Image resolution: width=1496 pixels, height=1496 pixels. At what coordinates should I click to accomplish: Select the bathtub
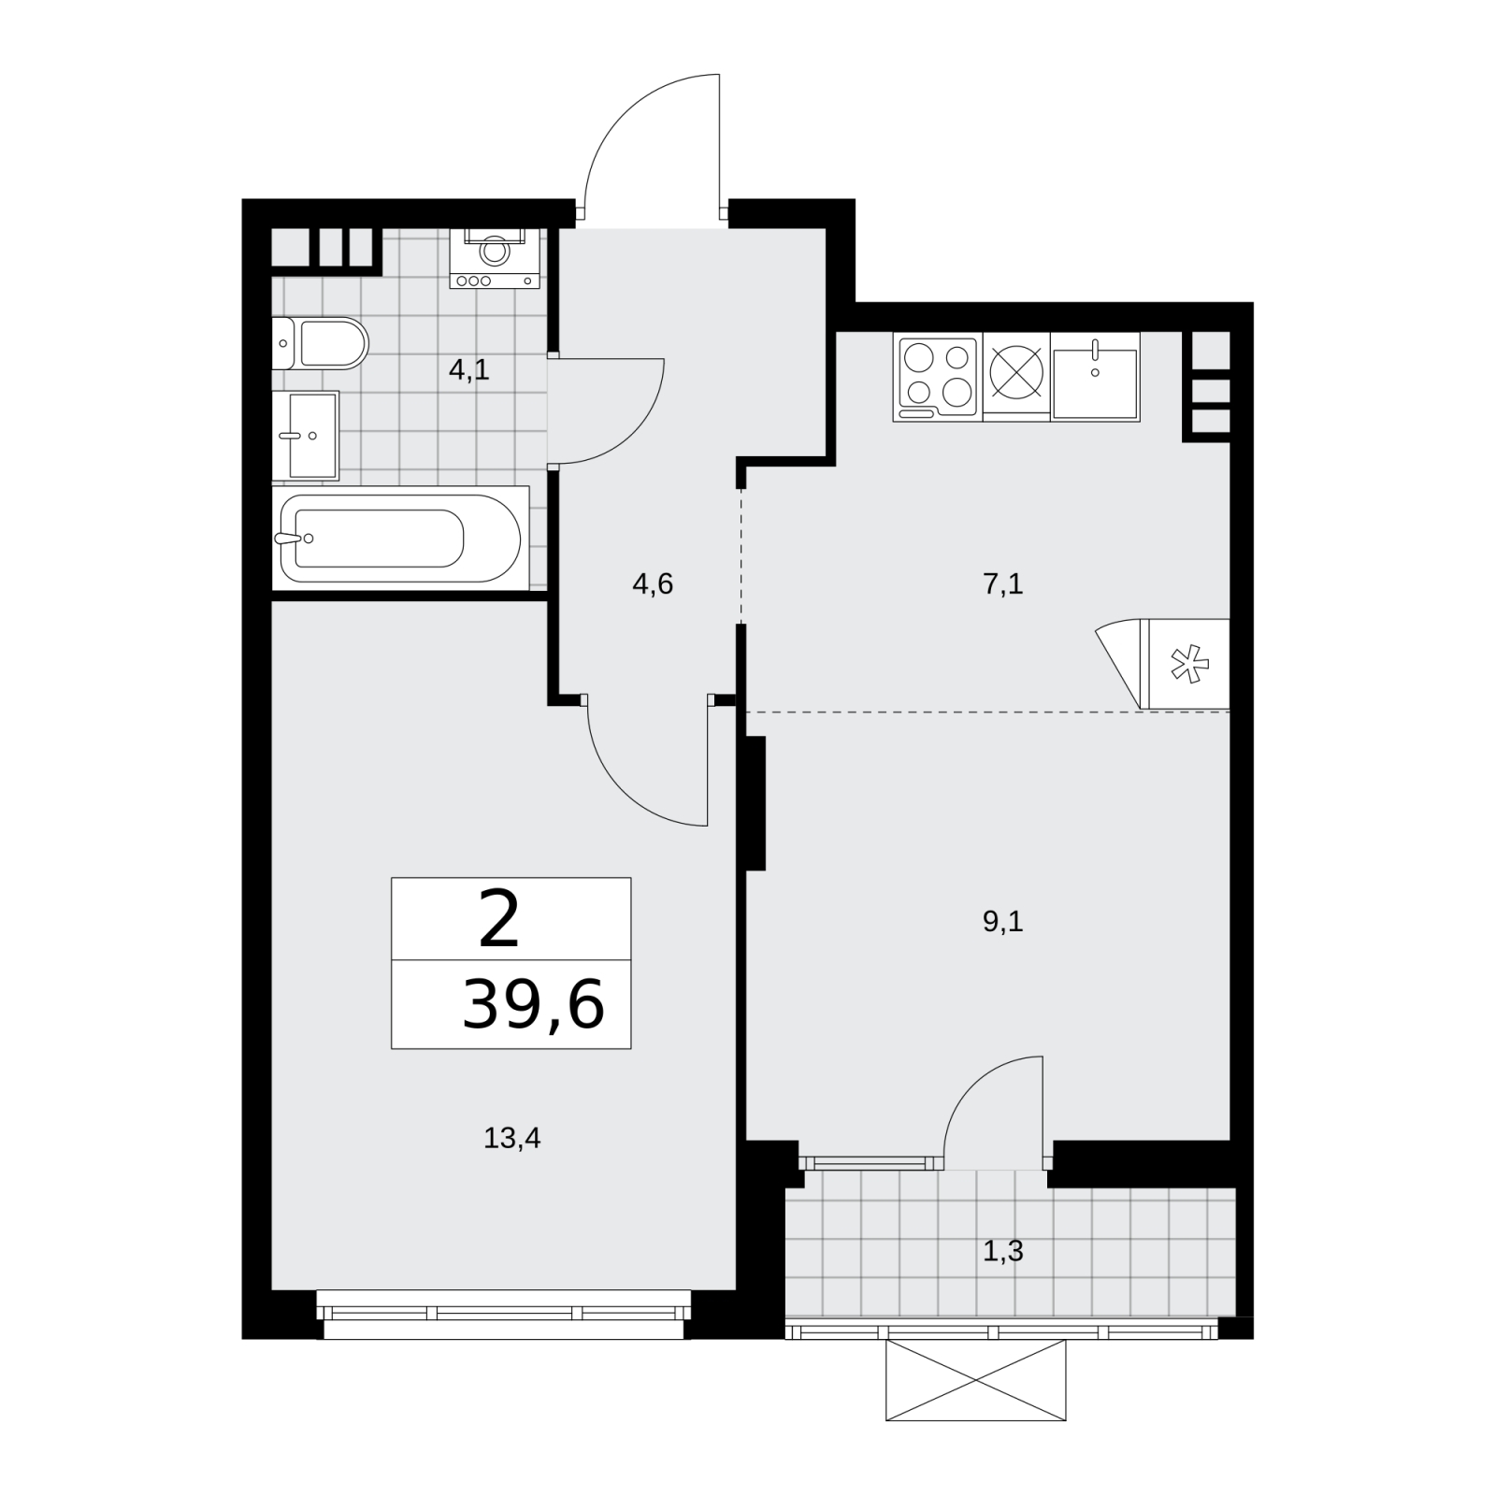[400, 538]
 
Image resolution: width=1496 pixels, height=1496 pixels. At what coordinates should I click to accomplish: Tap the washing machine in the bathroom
[495, 258]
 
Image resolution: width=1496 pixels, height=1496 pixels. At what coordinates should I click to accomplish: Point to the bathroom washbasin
[306, 435]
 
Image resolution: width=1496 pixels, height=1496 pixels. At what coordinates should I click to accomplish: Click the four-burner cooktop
[938, 377]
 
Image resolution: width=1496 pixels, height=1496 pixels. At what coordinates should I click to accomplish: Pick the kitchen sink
[1095, 377]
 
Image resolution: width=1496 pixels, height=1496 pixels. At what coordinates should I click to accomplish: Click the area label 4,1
[468, 370]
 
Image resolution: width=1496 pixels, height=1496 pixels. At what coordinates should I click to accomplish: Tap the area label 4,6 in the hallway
[653, 585]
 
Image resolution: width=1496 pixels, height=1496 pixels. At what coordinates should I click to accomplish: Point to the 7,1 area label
[1003, 585]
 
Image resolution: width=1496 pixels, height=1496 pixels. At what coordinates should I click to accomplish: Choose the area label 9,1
[1003, 923]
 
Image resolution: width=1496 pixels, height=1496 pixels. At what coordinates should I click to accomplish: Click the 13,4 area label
[512, 1138]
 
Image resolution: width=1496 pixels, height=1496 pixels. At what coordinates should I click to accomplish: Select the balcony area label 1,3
[1003, 1251]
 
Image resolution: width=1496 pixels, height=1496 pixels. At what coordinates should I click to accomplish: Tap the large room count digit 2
[498, 919]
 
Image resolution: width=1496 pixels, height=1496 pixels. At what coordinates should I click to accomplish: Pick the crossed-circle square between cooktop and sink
[1015, 377]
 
